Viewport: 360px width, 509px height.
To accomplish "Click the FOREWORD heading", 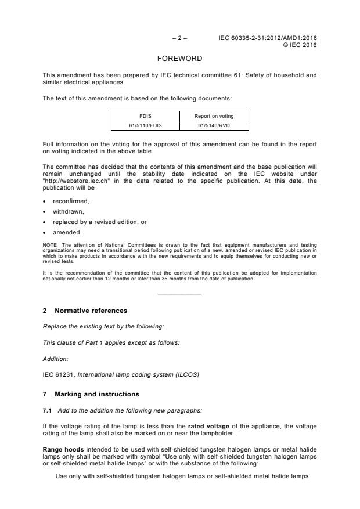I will [x=180, y=59].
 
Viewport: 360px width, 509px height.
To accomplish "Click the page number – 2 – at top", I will [x=180, y=38].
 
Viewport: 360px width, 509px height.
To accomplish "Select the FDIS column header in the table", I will [x=145, y=116].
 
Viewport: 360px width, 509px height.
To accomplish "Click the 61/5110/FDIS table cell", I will [x=145, y=125].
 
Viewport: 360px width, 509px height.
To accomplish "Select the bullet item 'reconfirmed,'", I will [x=71, y=201].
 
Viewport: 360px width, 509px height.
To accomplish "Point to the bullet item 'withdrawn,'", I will [x=69, y=211].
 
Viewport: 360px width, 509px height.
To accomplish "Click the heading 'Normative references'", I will [x=91, y=311].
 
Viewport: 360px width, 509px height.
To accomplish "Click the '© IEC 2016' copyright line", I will [x=300, y=45].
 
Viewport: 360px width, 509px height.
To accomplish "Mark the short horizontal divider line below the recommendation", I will [x=180, y=293].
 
